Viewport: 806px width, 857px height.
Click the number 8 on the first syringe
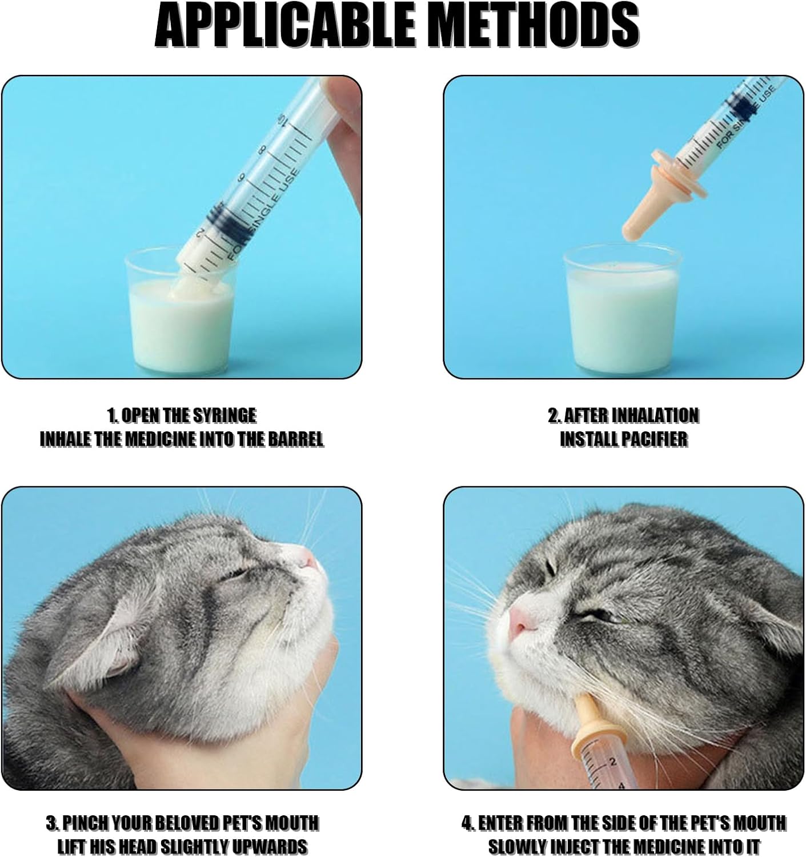[262, 149]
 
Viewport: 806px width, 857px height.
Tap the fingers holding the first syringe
[343, 114]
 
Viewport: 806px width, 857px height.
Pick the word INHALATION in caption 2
[655, 415]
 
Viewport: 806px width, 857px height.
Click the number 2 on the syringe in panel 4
[612, 762]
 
